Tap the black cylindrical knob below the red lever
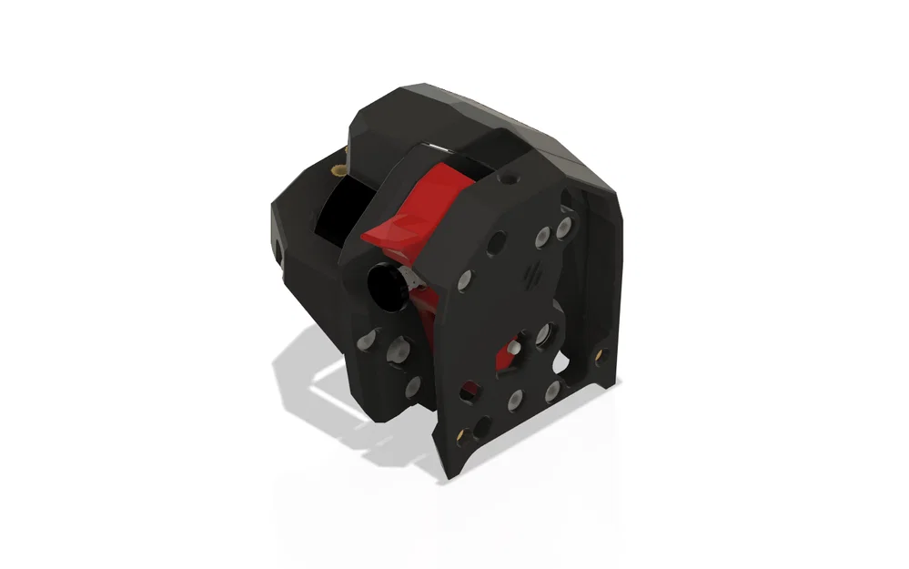pyautogui.click(x=386, y=286)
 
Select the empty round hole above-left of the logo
pyautogui.click(x=496, y=243)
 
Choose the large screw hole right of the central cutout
pyautogui.click(x=545, y=334)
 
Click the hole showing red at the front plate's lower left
pyautogui.click(x=470, y=391)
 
